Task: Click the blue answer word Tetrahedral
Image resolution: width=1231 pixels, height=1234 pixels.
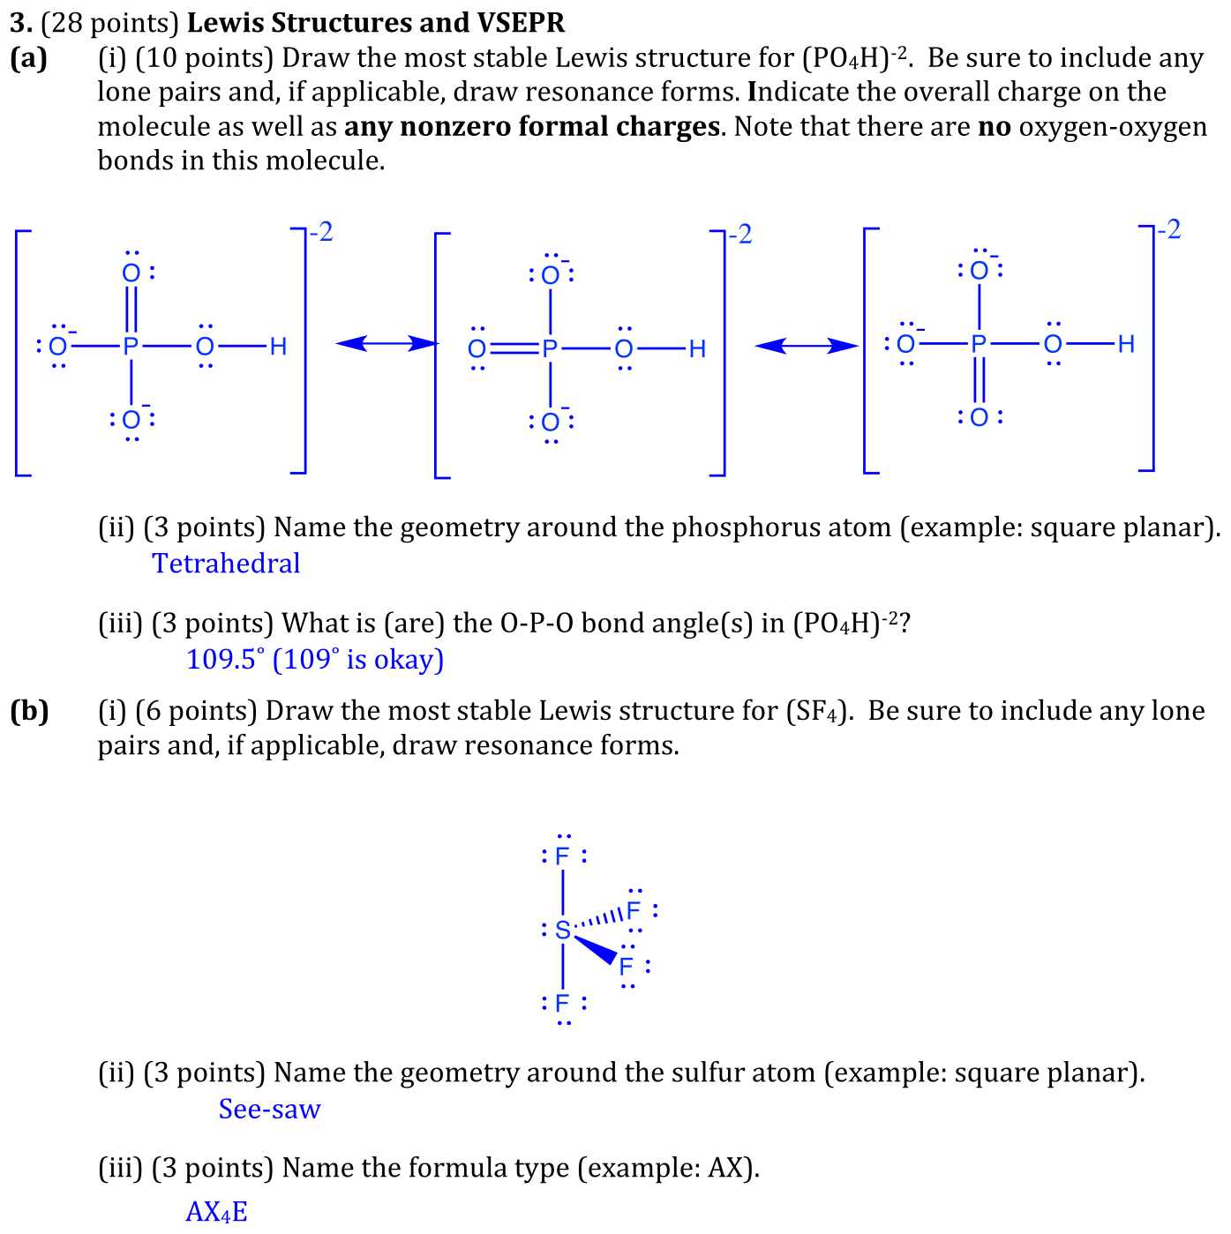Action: click(226, 564)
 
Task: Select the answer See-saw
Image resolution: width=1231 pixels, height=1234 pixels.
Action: click(269, 1109)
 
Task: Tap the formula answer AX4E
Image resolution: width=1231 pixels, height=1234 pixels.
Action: click(216, 1211)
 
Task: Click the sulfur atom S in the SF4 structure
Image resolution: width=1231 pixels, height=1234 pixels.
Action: click(563, 930)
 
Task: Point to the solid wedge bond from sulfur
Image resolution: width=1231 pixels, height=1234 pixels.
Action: click(596, 949)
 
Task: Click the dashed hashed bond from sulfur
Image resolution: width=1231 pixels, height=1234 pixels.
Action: click(598, 919)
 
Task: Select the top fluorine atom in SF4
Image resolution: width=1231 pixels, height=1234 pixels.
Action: click(563, 856)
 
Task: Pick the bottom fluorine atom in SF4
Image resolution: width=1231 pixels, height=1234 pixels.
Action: click(563, 1002)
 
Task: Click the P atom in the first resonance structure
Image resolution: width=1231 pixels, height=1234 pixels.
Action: click(131, 346)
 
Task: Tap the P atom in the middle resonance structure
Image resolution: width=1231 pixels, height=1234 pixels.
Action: click(550, 348)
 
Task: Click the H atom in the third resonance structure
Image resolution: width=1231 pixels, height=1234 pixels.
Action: click(1126, 344)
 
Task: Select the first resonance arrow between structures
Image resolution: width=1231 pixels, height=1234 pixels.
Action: click(387, 344)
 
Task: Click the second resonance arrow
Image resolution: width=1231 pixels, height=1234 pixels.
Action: click(807, 346)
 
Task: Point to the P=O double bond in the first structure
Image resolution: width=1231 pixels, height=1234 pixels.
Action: click(131, 310)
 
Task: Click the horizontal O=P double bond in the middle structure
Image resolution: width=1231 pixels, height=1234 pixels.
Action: click(514, 348)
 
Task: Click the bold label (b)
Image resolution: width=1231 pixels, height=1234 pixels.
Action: click(29, 711)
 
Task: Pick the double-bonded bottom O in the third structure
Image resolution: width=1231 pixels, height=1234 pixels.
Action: click(979, 417)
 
